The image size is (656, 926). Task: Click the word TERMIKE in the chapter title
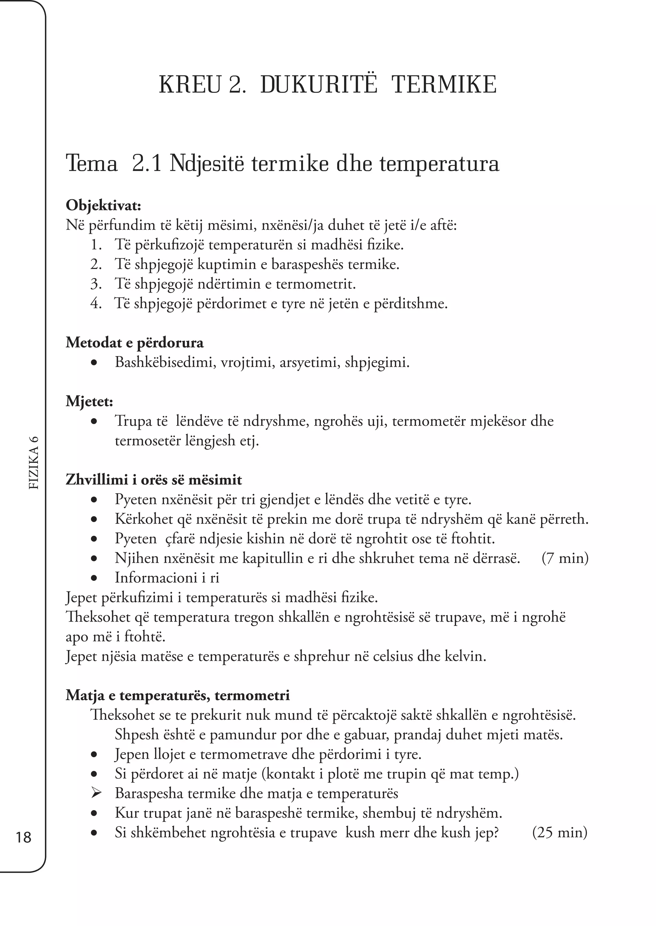click(x=444, y=85)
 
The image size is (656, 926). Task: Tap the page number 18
click(x=23, y=837)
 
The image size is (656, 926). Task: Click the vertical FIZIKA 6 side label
click(x=34, y=463)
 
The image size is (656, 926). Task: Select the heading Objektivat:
click(x=103, y=205)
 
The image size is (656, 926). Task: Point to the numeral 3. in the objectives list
click(x=96, y=284)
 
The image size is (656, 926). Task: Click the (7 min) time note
click(x=565, y=558)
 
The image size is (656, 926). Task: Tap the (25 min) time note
click(x=560, y=832)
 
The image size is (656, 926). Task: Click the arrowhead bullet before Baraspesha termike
click(x=96, y=793)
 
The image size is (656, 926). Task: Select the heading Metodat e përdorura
click(x=135, y=343)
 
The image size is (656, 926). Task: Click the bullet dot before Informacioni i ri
click(x=94, y=578)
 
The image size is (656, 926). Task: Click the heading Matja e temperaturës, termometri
click(x=178, y=695)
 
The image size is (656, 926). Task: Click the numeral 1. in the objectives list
click(x=96, y=245)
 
